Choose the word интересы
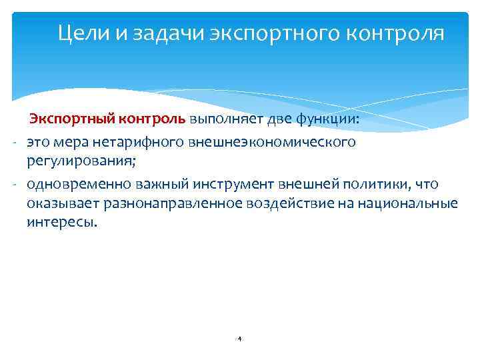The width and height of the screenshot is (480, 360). pos(61,222)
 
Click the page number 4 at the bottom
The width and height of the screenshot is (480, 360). pos(239,339)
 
